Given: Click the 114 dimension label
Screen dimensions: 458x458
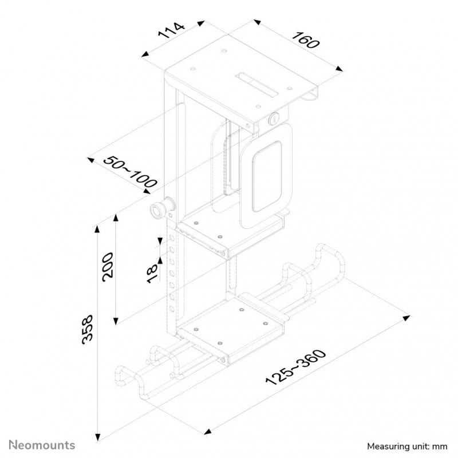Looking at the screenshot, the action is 171,30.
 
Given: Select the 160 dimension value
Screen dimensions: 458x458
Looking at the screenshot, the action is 306,40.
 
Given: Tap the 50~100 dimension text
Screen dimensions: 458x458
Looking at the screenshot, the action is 131,171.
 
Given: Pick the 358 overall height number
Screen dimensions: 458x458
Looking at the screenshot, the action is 88,330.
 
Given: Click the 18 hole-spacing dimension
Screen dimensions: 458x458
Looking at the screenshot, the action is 152,274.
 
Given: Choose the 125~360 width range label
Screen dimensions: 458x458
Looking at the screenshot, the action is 295,367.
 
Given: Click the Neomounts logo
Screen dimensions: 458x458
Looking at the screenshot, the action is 42,445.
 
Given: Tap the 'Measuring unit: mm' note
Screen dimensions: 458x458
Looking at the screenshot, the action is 407,447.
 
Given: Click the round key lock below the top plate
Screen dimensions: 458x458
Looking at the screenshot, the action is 274,119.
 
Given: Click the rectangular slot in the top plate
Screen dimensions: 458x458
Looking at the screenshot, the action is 257,84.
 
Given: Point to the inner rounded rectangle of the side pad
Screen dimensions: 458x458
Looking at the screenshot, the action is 267,176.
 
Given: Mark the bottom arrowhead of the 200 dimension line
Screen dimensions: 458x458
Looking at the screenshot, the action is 116,321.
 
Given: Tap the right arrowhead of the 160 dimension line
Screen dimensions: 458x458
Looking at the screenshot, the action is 339,69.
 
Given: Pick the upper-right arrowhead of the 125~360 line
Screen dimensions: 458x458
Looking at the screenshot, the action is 406,318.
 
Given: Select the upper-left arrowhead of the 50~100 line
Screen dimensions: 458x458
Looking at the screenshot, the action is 91,160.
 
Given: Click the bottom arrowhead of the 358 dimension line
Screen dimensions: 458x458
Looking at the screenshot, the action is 98,437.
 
